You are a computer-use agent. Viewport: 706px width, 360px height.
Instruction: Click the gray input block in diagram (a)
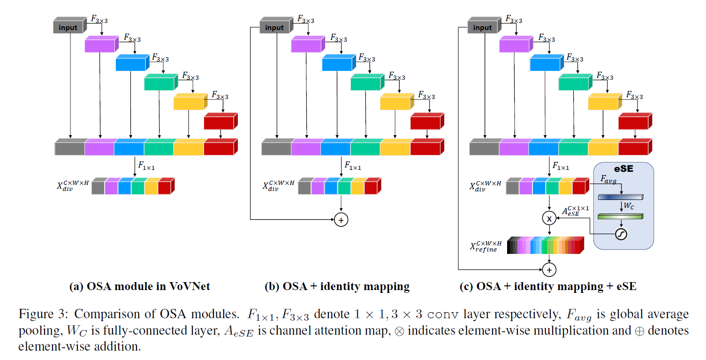point(68,27)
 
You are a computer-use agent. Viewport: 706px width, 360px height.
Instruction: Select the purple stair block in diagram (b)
point(306,46)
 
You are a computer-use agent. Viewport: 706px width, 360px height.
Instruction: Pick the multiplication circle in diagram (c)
point(548,218)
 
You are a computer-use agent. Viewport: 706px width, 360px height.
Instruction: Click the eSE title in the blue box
point(623,169)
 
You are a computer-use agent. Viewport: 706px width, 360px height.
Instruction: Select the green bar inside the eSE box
point(621,216)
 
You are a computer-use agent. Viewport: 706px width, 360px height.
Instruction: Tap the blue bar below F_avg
point(621,197)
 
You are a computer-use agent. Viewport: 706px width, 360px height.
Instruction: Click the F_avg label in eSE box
point(609,179)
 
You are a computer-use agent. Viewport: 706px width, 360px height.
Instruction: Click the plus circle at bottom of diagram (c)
point(549,269)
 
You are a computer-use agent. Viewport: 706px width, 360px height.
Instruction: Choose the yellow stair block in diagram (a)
point(189,102)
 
